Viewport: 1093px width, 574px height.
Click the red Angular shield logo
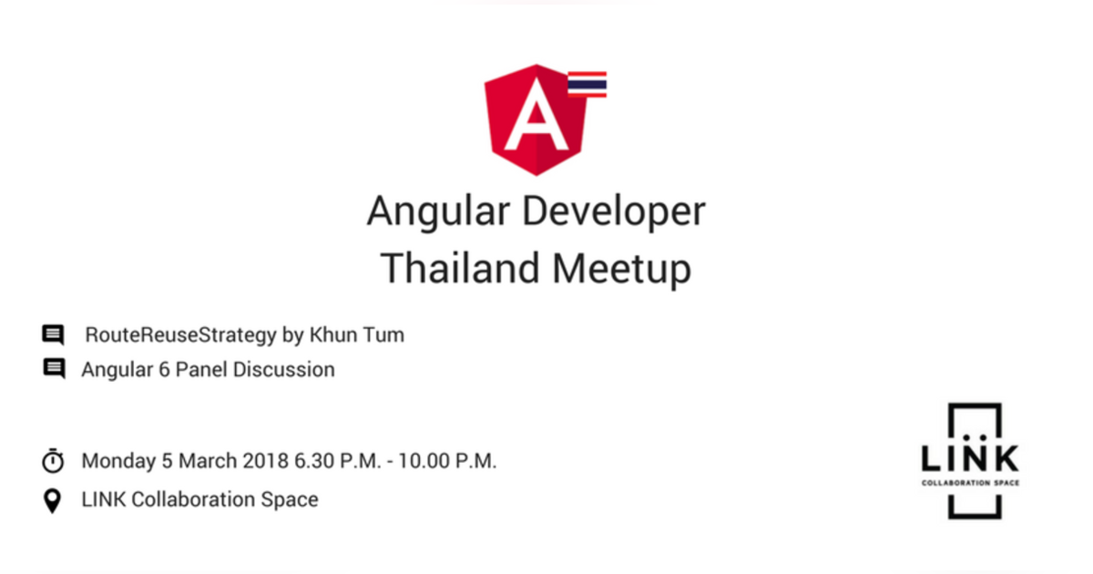click(x=536, y=120)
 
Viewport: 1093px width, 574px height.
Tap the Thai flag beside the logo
click(x=587, y=85)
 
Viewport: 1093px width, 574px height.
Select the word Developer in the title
click(x=614, y=212)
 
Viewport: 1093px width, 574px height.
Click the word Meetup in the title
click(x=621, y=270)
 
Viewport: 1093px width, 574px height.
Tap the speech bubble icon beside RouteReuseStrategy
click(x=53, y=335)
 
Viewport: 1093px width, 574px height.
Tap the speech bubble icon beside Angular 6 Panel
click(x=54, y=368)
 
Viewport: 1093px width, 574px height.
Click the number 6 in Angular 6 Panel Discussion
click(x=165, y=370)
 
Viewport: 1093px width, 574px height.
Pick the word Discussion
click(x=284, y=370)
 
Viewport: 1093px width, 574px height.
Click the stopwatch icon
click(x=53, y=461)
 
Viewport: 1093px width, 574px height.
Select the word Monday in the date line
click(x=118, y=461)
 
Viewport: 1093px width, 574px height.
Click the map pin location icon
click(x=52, y=501)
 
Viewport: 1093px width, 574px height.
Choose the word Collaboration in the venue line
click(x=193, y=499)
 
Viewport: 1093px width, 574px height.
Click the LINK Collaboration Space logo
click(x=970, y=461)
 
